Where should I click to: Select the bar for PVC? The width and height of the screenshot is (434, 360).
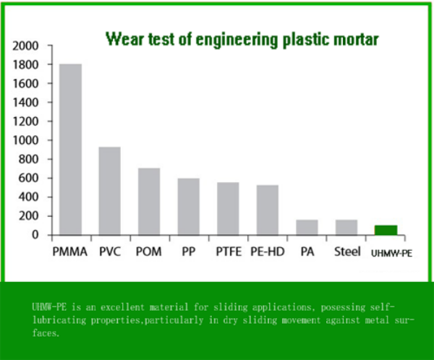[109, 191]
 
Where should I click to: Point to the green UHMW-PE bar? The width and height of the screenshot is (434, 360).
[386, 230]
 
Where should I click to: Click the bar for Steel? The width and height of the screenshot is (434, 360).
[346, 227]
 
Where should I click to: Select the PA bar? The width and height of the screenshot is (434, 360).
[307, 227]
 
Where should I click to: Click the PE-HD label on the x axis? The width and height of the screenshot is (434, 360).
[267, 253]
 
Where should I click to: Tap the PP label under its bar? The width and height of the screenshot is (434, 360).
[188, 253]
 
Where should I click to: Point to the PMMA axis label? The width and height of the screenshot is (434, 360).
[70, 253]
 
